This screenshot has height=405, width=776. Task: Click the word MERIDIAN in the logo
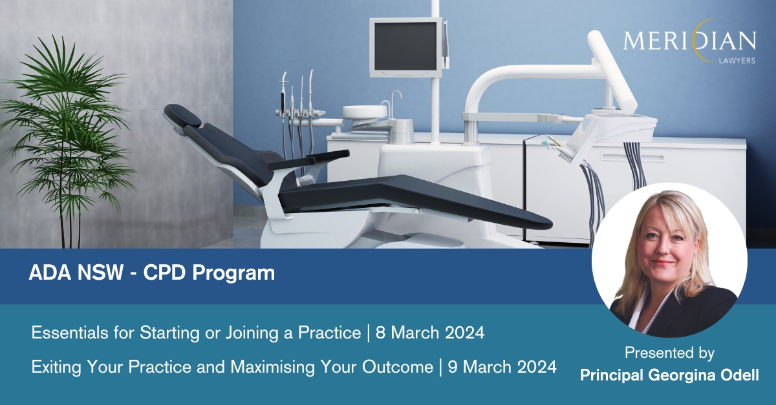click(689, 42)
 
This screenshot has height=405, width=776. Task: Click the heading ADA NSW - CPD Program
click(152, 273)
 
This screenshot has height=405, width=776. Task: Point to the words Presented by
click(669, 354)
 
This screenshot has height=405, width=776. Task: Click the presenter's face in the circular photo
click(667, 242)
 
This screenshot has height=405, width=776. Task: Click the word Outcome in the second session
click(401, 367)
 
